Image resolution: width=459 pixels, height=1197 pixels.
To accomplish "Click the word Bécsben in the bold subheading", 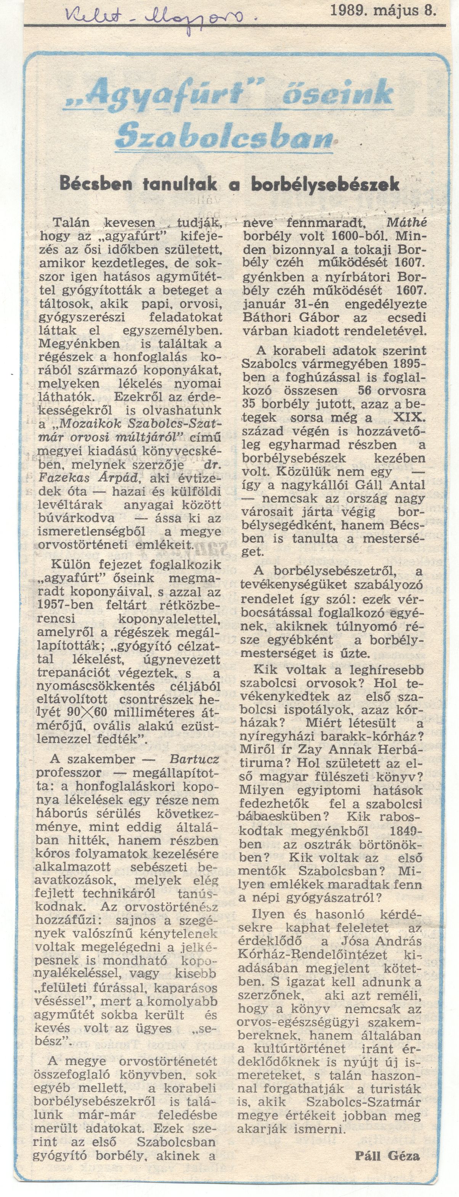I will coord(96,184).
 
